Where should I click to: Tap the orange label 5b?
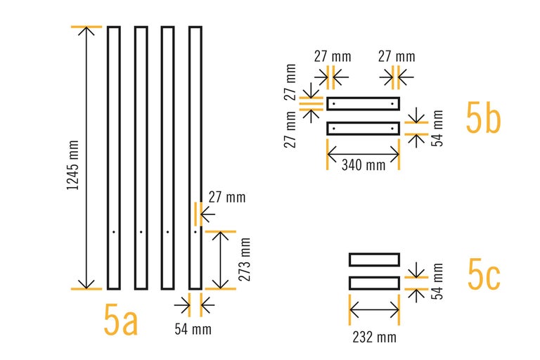pyautogui.click(x=483, y=117)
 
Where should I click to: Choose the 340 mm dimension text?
pyautogui.click(x=363, y=166)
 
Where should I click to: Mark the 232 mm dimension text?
pyautogui.click(x=373, y=337)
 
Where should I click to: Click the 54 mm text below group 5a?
pyautogui.click(x=193, y=328)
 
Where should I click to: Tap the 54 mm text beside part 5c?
pyautogui.click(x=437, y=281)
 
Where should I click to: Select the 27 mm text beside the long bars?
pyautogui.click(x=227, y=198)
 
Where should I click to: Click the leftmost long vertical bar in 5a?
pyautogui.click(x=113, y=157)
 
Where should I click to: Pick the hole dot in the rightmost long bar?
pyautogui.click(x=195, y=231)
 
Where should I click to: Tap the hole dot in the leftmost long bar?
pyautogui.click(x=113, y=231)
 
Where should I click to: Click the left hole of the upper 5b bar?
pyautogui.click(x=334, y=104)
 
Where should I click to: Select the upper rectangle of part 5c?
pyautogui.click(x=374, y=259)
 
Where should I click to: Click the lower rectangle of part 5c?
pyautogui.click(x=374, y=283)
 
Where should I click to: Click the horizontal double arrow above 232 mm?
pyautogui.click(x=374, y=308)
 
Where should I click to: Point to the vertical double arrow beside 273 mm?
pyautogui.click(x=221, y=259)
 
